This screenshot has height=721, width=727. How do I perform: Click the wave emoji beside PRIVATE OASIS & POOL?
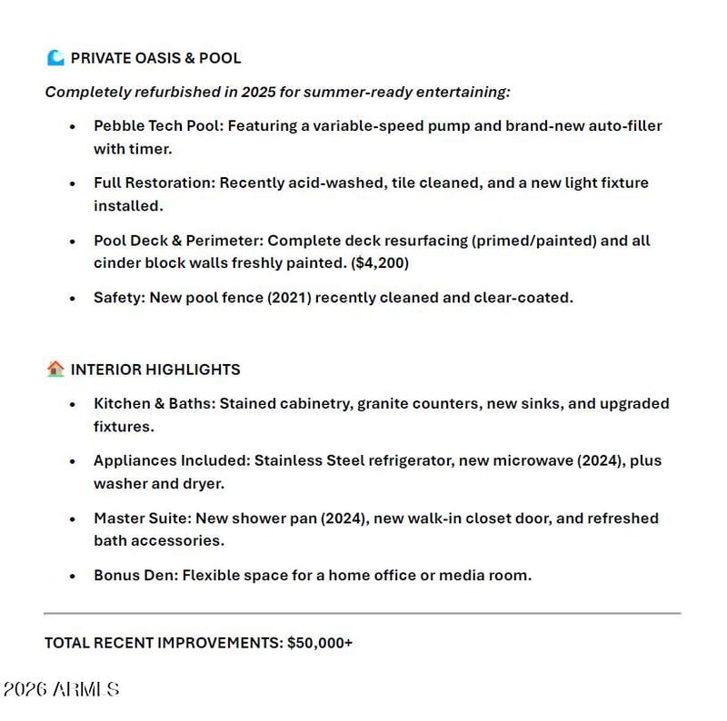tap(55, 58)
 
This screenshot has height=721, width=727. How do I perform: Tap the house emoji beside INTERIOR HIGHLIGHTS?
tap(55, 369)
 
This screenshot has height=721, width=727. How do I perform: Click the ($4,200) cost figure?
tap(381, 263)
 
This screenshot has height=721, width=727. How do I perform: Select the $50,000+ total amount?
tap(320, 642)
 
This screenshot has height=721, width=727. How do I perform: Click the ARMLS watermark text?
tap(85, 689)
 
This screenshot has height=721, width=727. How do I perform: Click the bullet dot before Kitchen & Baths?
tap(73, 404)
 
